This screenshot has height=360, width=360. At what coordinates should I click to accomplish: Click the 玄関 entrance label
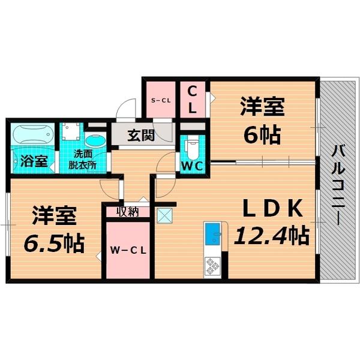click(x=142, y=134)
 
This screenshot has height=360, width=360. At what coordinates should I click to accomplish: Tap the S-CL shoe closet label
click(x=161, y=100)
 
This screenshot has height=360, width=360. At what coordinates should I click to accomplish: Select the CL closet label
click(x=193, y=100)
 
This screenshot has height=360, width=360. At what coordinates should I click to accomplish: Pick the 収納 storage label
click(x=128, y=211)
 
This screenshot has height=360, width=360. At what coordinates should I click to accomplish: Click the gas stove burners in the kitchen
click(x=212, y=265)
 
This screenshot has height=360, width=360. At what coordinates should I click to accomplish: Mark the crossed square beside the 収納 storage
click(x=164, y=215)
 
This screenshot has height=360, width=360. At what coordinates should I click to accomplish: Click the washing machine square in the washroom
click(x=71, y=131)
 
